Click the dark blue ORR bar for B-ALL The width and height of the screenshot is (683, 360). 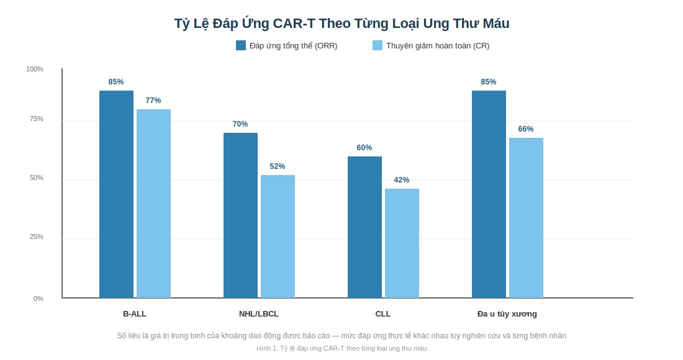point(116,194)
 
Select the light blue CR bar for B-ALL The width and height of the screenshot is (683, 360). point(154,204)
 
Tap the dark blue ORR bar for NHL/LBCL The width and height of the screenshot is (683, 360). point(240,215)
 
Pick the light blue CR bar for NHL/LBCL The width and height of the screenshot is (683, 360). point(278,236)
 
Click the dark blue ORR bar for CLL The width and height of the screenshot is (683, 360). point(364,227)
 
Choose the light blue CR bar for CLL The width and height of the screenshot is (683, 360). point(402,243)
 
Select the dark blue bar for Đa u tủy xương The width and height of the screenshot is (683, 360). point(489,194)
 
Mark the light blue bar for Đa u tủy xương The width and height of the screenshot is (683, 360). point(526,218)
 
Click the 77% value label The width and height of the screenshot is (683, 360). point(153,101)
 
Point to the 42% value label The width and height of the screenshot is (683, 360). point(402,180)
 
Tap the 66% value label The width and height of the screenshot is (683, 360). point(526,129)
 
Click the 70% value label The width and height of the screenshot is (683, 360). point(240,124)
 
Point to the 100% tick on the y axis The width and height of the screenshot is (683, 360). point(35,70)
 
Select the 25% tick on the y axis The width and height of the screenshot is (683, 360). point(37,237)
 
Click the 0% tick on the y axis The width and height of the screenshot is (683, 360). point(38,299)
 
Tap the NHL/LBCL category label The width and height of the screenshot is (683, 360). point(259,314)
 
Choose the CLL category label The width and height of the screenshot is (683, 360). point(383,314)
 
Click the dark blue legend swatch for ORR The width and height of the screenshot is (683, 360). point(241,45)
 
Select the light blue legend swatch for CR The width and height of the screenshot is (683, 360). point(378,45)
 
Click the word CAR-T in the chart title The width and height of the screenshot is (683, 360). point(294,23)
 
